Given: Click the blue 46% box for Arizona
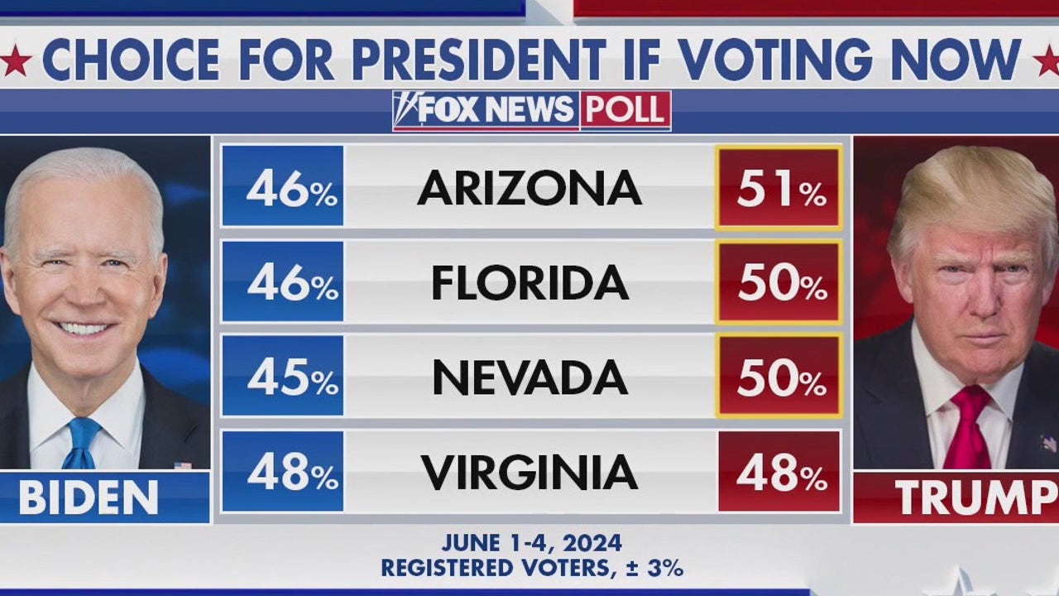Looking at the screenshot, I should (283, 186).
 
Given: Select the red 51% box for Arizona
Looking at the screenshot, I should (779, 188).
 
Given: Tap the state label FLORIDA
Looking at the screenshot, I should (529, 283).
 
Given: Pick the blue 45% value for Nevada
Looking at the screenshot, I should (283, 377).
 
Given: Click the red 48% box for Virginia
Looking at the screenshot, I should (779, 472).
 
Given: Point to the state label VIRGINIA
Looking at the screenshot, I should (529, 472).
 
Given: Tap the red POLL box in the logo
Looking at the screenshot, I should (625, 110).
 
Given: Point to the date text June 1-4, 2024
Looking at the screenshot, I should (531, 543).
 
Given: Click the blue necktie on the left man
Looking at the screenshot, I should (82, 442).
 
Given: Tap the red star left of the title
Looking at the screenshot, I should (14, 60).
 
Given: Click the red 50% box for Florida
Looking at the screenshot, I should (779, 283).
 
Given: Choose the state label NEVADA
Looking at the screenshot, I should (529, 377).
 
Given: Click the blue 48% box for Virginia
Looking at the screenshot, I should (283, 472).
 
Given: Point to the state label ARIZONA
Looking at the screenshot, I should (529, 188).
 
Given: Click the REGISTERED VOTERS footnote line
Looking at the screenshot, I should (531, 569).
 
